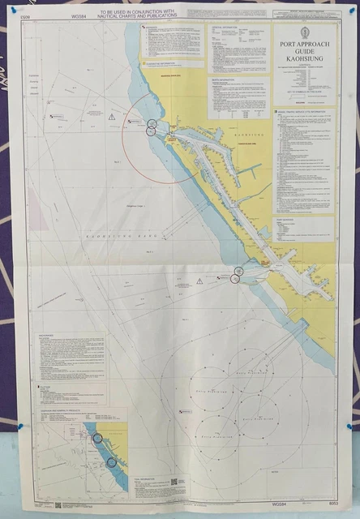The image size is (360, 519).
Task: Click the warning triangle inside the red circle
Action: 112,117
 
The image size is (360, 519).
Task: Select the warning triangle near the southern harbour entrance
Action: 199,281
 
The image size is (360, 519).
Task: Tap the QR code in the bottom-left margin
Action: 58,505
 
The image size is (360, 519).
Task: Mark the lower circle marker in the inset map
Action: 111,462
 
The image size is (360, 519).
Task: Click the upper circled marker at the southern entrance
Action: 238,270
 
